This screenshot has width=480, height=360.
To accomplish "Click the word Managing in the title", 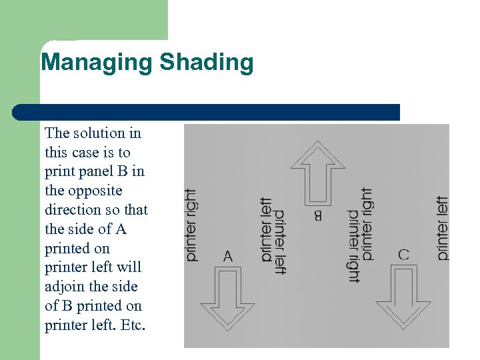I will (97, 63).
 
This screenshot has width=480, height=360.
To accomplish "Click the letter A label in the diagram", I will (228, 257).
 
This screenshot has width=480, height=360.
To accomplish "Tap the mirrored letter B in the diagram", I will (317, 215).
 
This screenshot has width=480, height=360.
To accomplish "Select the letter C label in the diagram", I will (403, 255).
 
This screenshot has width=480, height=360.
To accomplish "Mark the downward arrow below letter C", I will (403, 297).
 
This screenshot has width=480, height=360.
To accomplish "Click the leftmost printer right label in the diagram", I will (191, 225).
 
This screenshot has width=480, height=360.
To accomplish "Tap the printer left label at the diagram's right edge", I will (443, 228).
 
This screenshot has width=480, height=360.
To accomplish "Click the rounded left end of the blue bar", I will (18, 112).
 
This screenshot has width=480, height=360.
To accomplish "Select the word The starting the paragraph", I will (57, 133).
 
